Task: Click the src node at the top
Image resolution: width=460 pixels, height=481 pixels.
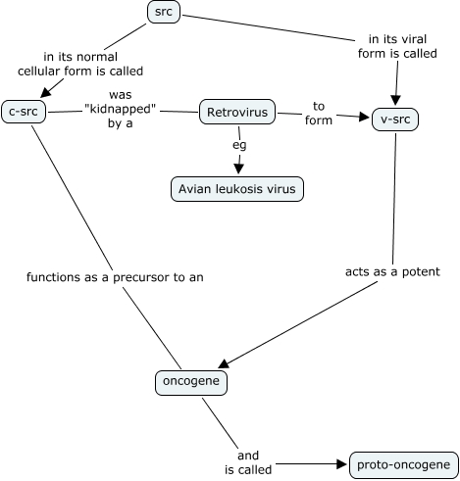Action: [x=164, y=12]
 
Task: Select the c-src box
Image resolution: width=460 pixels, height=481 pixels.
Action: [x=24, y=112]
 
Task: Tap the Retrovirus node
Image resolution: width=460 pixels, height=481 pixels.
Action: [x=237, y=112]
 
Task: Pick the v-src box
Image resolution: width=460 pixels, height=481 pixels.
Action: [x=395, y=120]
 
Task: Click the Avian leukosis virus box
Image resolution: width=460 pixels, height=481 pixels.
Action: [x=237, y=189]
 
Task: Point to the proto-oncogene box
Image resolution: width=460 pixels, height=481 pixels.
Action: [x=404, y=465]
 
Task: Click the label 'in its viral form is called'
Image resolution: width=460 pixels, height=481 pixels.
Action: [x=397, y=46]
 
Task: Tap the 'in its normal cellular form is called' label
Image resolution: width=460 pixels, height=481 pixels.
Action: [x=80, y=64]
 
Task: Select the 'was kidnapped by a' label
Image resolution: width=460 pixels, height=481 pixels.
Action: [x=121, y=109]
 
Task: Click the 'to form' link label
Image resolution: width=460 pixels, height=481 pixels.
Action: [x=319, y=114]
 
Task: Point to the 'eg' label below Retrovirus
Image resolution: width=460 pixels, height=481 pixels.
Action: [x=239, y=145]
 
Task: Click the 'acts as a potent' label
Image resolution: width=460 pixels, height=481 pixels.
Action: [x=392, y=271]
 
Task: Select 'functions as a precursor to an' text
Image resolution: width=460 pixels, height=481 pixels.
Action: [x=115, y=277]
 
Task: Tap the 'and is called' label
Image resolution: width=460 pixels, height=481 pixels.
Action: [x=248, y=462]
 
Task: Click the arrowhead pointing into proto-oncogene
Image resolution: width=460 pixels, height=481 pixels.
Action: [x=342, y=464]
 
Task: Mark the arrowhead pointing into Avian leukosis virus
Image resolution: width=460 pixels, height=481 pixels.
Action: [x=238, y=168]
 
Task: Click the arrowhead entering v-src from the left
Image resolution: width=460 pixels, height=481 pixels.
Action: [x=364, y=117]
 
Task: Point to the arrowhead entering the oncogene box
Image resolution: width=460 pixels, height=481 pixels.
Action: [x=224, y=363]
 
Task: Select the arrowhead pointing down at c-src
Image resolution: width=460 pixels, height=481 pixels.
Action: [x=46, y=92]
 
